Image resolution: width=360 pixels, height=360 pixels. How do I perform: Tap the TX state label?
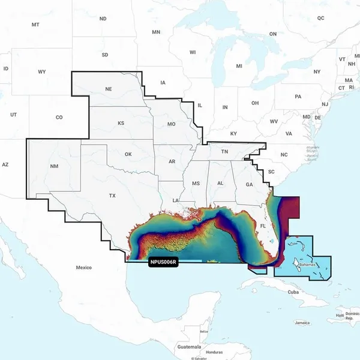[x=112, y=196]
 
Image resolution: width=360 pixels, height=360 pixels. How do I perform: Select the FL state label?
[x=263, y=226]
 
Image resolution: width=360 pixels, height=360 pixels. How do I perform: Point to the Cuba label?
[x=293, y=292]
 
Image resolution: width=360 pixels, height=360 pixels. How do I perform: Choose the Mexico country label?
[x=84, y=266]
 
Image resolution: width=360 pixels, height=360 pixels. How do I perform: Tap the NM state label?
[x=55, y=166]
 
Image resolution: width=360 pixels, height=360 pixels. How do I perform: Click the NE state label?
[x=109, y=89]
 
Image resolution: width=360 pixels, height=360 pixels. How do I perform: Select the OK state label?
[x=128, y=155]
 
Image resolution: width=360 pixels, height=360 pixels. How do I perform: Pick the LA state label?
[x=176, y=200]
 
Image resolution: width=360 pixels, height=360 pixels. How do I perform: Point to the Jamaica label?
[x=303, y=323]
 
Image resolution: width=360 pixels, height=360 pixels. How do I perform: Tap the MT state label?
[x=35, y=25]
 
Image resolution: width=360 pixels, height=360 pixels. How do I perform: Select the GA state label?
[x=249, y=185]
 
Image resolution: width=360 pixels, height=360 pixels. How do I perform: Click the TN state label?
[x=224, y=152]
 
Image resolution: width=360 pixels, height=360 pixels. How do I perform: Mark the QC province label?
[x=321, y=18]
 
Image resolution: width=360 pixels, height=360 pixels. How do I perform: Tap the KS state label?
[x=121, y=123]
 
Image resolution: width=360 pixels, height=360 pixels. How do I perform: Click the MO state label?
[x=171, y=124]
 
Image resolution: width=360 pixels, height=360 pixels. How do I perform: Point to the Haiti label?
[x=340, y=315]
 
